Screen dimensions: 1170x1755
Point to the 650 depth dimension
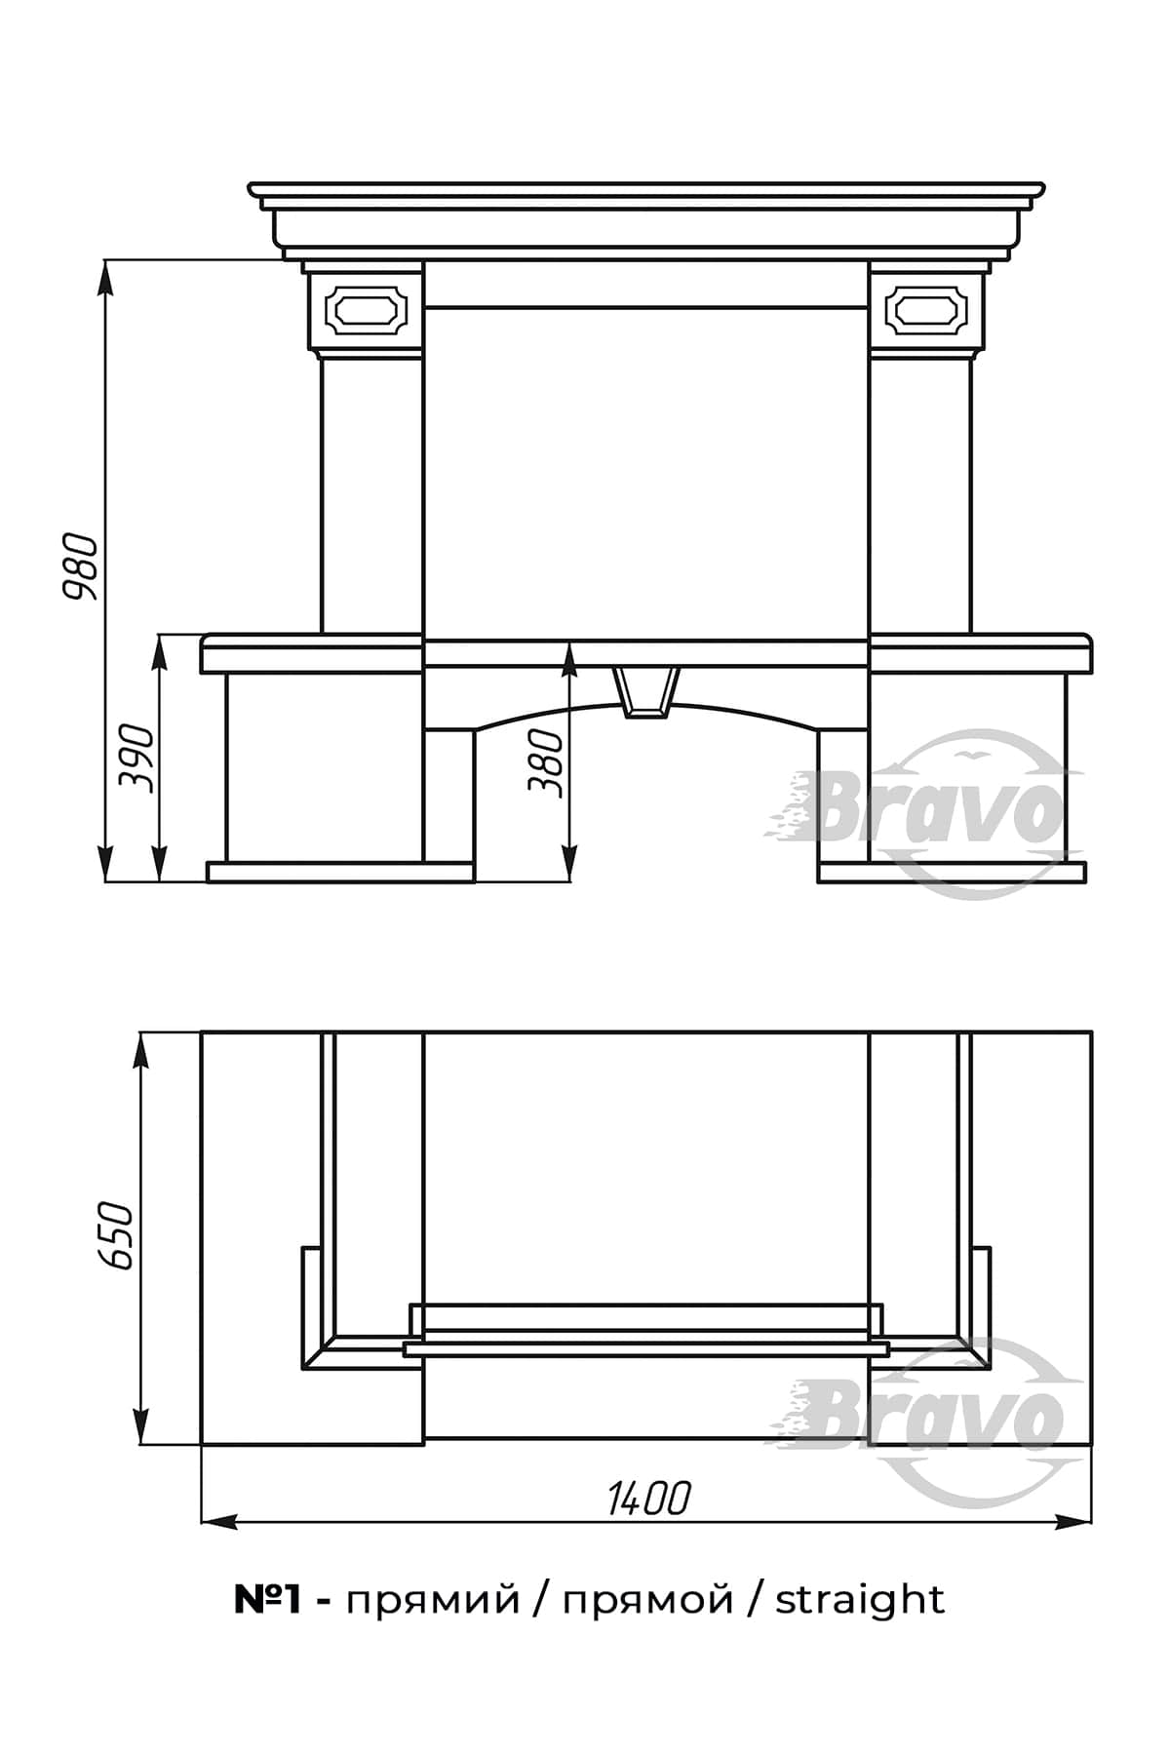click(x=114, y=1235)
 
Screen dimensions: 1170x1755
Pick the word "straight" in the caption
click(x=860, y=1600)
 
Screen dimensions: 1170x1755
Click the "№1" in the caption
click(x=266, y=1600)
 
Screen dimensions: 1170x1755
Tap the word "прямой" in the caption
click(x=648, y=1602)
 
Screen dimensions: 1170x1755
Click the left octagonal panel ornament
click(x=364, y=309)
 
